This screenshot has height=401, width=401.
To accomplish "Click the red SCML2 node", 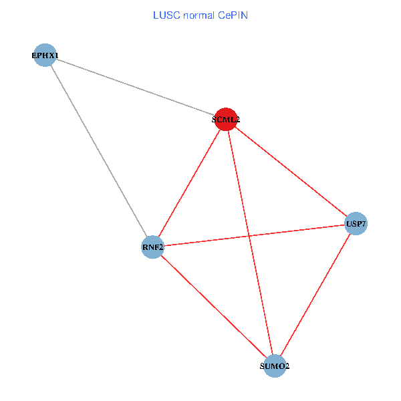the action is pyautogui.click(x=226, y=119).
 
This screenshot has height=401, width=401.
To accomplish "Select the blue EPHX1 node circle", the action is pyautogui.click(x=45, y=55).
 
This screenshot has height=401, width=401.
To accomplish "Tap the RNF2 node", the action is pyautogui.click(x=153, y=247).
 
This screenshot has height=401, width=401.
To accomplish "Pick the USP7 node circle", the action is pyautogui.click(x=356, y=223).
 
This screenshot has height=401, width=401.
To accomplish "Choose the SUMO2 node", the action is pyautogui.click(x=275, y=366).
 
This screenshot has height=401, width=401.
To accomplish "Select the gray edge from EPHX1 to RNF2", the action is pyautogui.click(x=99, y=151).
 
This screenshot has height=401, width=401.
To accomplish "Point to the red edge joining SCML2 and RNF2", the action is pyautogui.click(x=189, y=183).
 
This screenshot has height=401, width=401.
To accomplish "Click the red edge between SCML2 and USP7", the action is pyautogui.click(x=291, y=171).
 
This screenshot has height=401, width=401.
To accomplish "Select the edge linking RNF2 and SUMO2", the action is pyautogui.click(x=214, y=307).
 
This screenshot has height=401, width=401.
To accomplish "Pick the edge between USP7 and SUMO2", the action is pyautogui.click(x=315, y=295).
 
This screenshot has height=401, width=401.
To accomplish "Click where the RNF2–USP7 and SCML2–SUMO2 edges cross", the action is pyautogui.click(x=249, y=236).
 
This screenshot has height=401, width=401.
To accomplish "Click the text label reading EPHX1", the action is pyautogui.click(x=45, y=55).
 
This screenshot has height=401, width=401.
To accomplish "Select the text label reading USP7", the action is pyautogui.click(x=356, y=223).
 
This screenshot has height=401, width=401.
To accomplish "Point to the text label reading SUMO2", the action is pyautogui.click(x=275, y=366).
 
